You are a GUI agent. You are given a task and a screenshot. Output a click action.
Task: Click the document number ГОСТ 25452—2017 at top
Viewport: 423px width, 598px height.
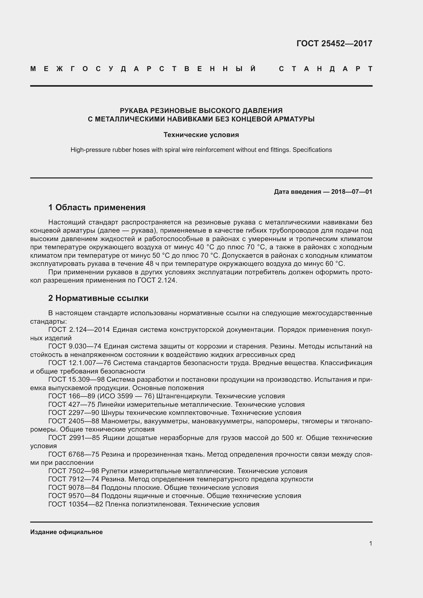(x=334, y=43)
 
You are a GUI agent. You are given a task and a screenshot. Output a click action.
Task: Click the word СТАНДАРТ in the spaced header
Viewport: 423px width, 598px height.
(x=326, y=69)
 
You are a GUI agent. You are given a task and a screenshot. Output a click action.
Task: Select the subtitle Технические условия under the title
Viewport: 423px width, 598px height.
(x=201, y=135)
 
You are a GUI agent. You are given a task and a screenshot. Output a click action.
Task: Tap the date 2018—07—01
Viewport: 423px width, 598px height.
(x=352, y=192)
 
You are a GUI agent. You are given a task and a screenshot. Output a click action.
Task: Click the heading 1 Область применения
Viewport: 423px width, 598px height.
(x=97, y=207)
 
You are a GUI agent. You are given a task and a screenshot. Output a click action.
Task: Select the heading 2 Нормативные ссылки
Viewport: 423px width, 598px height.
(x=98, y=298)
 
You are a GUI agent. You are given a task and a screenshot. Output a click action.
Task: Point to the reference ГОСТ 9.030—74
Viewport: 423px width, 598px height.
(x=74, y=346)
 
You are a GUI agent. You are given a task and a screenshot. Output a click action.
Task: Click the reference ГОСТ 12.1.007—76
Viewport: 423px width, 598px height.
(x=80, y=363)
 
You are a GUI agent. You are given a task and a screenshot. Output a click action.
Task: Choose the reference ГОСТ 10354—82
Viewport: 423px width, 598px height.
(x=75, y=504)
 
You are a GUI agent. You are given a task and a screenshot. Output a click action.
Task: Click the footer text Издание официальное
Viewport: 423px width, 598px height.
(x=66, y=532)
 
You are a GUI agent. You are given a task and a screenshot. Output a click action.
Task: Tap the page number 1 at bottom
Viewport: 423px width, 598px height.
(x=371, y=544)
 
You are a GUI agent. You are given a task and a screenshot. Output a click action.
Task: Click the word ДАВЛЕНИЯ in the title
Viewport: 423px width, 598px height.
(x=262, y=111)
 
